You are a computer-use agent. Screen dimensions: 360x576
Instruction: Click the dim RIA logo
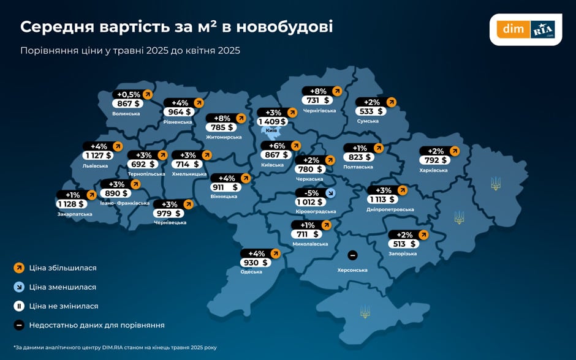(x=525, y=29)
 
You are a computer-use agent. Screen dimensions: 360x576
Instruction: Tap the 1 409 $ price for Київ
(x=271, y=121)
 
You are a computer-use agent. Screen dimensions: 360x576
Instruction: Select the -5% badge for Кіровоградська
(x=311, y=193)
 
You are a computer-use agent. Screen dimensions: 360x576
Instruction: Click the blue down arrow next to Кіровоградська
(x=331, y=193)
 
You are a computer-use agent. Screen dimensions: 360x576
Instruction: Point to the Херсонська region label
(x=352, y=270)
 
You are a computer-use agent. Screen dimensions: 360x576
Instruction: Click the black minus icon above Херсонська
(x=352, y=255)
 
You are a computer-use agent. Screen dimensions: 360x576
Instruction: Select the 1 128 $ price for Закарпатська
(x=70, y=204)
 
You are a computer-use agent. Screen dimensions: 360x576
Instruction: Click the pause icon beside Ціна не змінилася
(x=18, y=306)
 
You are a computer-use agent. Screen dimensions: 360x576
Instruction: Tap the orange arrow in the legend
(x=18, y=268)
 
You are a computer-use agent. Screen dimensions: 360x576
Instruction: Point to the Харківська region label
(x=433, y=170)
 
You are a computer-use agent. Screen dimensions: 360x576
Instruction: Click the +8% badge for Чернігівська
(x=317, y=91)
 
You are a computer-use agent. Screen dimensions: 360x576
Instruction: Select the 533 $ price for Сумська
(x=371, y=111)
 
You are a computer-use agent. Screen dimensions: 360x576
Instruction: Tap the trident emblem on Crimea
(x=365, y=312)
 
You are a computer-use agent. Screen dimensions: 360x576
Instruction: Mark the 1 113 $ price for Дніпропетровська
(x=383, y=199)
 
